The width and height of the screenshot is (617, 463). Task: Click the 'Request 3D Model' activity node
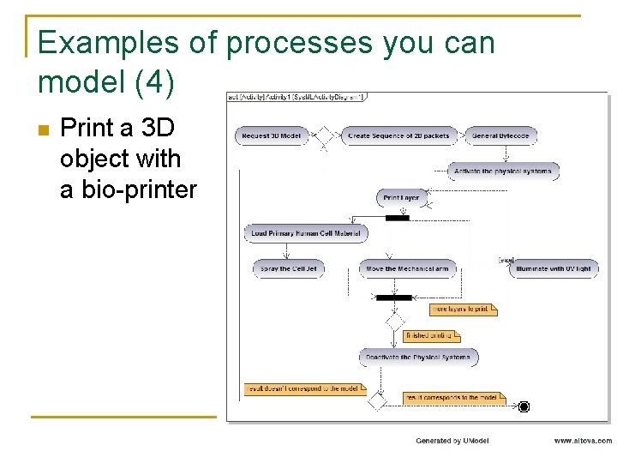click(x=272, y=135)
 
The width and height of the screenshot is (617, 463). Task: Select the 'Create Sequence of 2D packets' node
click(x=399, y=135)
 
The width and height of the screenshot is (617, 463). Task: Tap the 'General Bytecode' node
click(x=501, y=135)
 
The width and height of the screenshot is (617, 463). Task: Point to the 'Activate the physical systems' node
click(x=503, y=171)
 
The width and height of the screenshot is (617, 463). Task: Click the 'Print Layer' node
click(x=401, y=198)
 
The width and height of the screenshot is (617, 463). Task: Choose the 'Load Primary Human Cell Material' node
click(x=306, y=233)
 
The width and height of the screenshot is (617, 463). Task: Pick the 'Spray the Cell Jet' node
click(x=288, y=268)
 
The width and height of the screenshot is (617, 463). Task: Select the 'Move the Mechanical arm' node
click(x=407, y=268)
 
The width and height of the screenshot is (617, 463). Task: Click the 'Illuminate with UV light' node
click(x=553, y=268)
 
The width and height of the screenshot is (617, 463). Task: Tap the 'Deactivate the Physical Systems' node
click(x=418, y=357)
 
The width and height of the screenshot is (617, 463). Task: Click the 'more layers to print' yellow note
click(x=462, y=309)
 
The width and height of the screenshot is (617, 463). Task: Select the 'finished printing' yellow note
click(x=432, y=335)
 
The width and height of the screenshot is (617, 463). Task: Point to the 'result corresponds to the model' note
click(x=454, y=398)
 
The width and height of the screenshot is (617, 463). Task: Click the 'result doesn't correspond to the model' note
click(x=302, y=388)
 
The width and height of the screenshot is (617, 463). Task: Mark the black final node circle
click(x=524, y=406)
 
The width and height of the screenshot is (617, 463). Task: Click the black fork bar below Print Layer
click(x=398, y=218)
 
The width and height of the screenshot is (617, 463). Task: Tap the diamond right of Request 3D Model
click(x=324, y=135)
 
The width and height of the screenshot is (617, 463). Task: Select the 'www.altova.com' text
click(x=583, y=441)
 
